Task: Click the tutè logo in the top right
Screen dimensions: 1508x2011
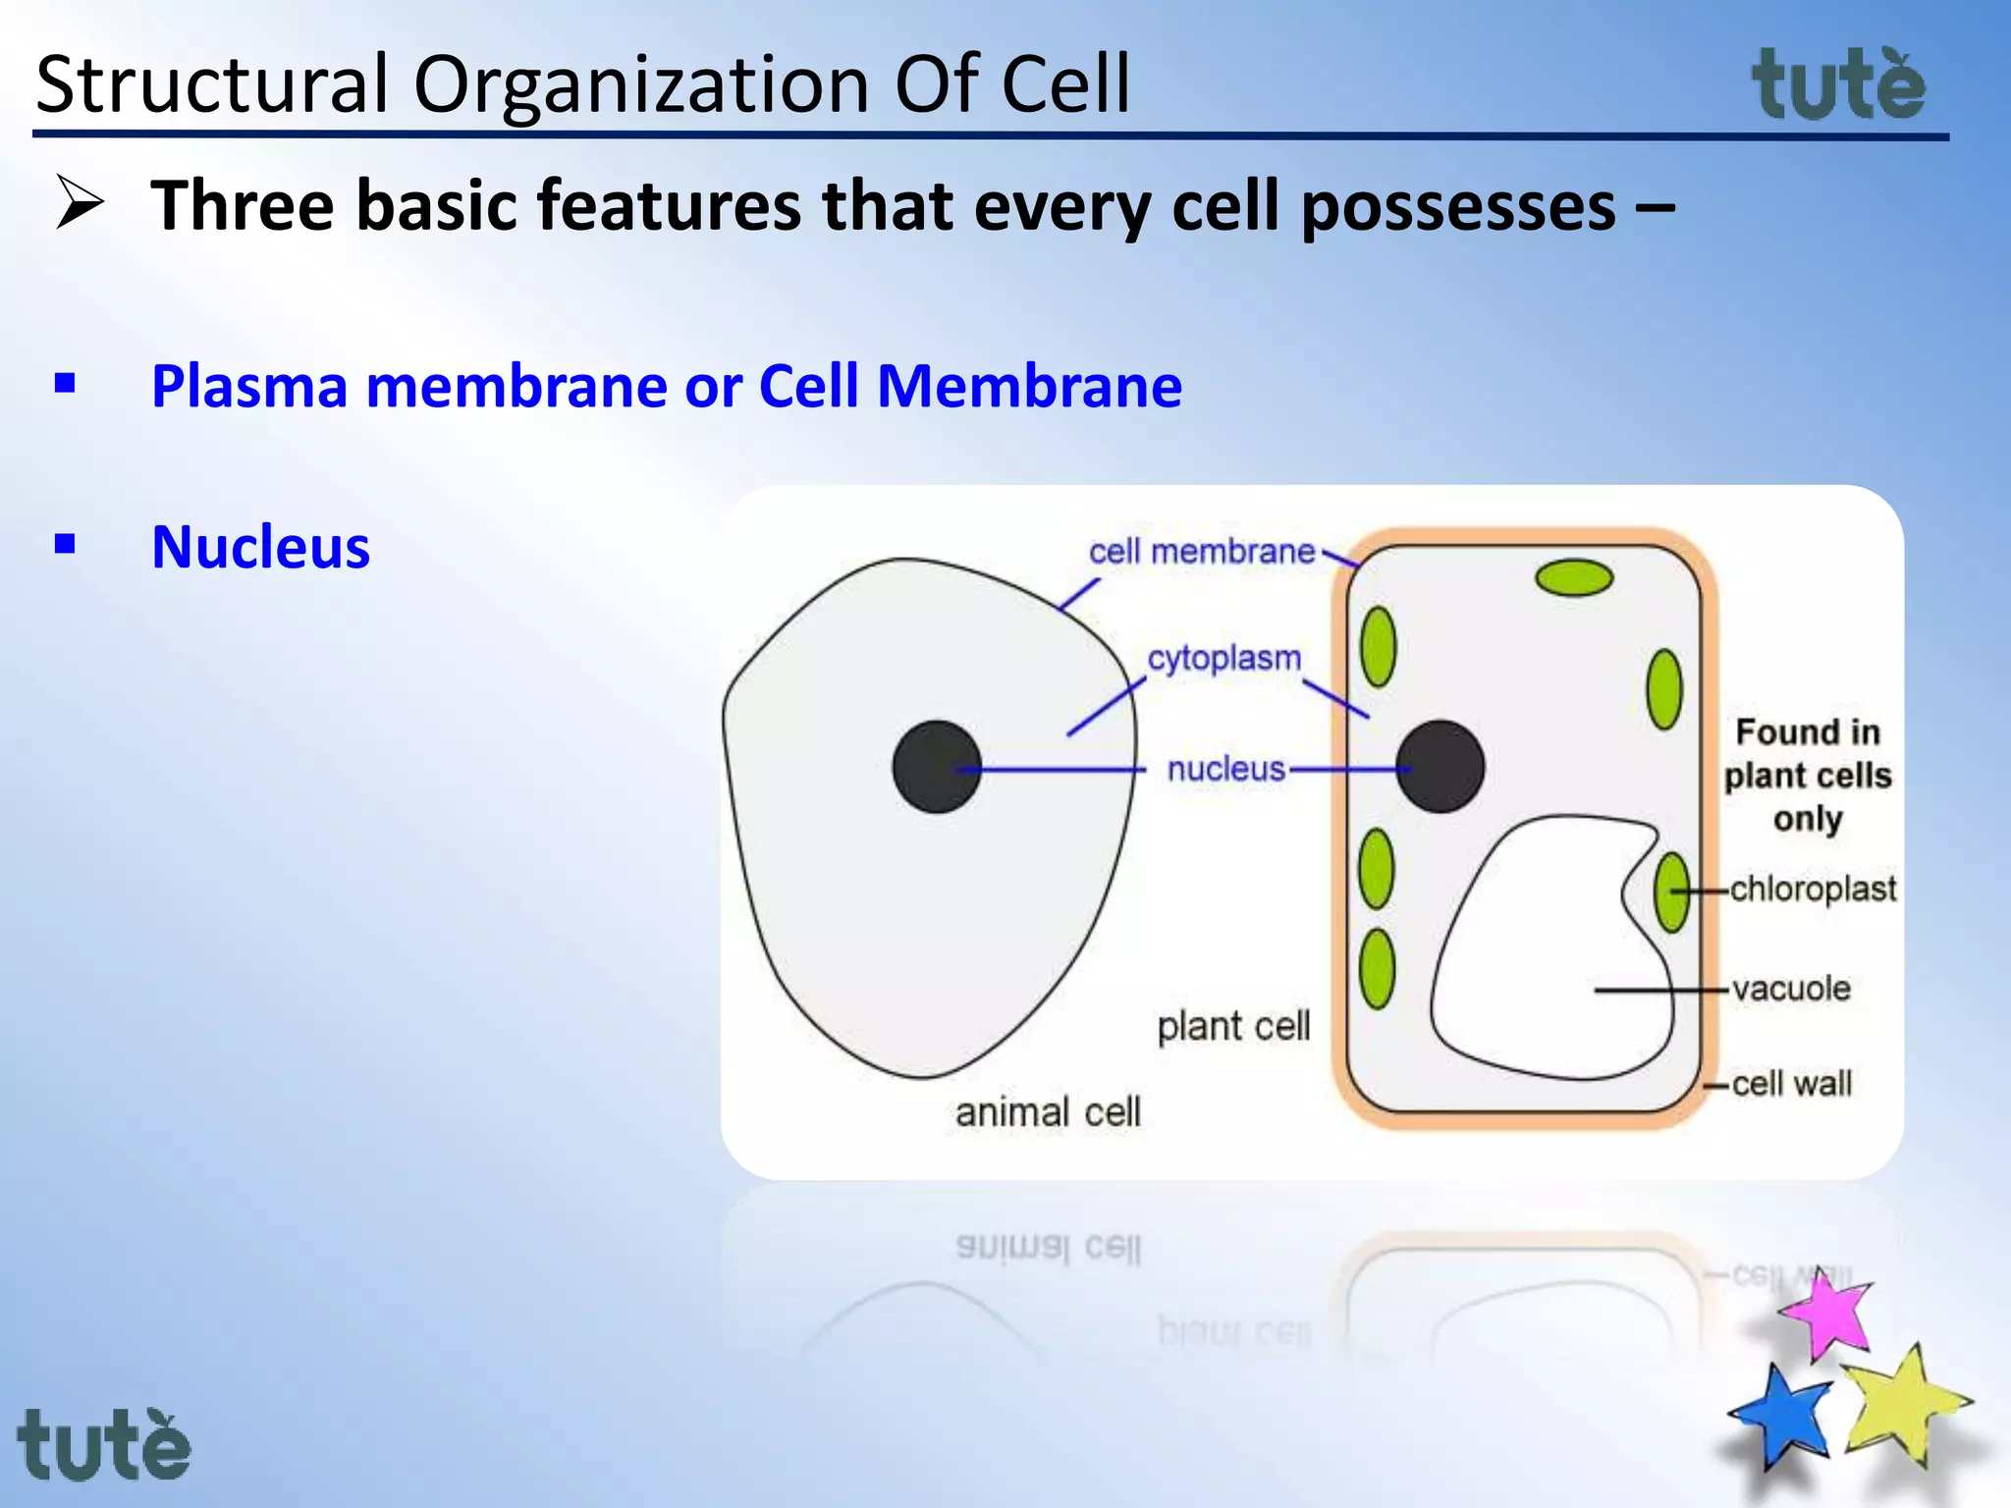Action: (x=1838, y=86)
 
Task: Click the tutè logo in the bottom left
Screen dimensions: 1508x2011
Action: (x=104, y=1445)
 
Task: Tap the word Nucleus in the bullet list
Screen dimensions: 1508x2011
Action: (x=261, y=547)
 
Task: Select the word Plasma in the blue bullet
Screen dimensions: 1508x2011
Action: (x=249, y=386)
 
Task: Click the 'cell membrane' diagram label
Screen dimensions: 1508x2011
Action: (x=1201, y=552)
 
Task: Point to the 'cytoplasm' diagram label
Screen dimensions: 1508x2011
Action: (x=1223, y=658)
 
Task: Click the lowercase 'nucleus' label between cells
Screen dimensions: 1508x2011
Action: (x=1225, y=769)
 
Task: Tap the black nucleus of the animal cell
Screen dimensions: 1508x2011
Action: (x=937, y=767)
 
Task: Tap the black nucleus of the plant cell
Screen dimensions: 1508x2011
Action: (x=1440, y=767)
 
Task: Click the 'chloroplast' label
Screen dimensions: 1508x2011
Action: (x=1812, y=889)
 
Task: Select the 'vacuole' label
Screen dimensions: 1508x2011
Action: (x=1791, y=988)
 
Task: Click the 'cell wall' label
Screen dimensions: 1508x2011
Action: (x=1791, y=1083)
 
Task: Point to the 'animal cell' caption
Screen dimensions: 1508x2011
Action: (x=1048, y=1112)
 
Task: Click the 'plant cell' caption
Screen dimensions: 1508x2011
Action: (x=1233, y=1026)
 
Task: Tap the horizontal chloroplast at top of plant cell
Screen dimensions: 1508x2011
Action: (x=1574, y=578)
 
